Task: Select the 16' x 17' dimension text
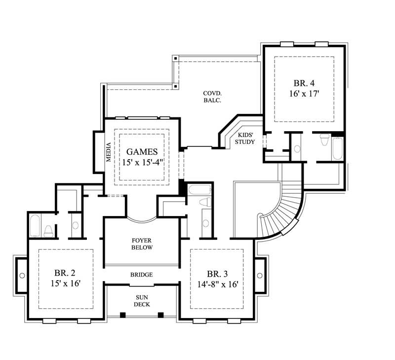(302, 94)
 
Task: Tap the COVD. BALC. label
(212, 96)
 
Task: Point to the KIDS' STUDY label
(245, 138)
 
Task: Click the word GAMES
(142, 152)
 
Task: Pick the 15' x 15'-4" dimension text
(142, 162)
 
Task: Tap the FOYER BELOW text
(142, 244)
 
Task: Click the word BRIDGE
(142, 275)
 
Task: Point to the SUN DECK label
(142, 301)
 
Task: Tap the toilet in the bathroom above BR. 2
(48, 230)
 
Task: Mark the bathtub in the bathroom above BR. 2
(35, 225)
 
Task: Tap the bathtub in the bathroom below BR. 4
(337, 148)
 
